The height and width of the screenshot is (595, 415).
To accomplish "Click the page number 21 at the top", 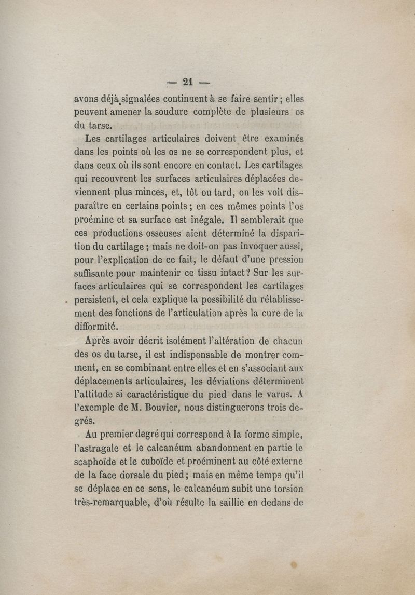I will (187, 81).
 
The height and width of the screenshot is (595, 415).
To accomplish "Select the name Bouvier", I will (158, 409).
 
